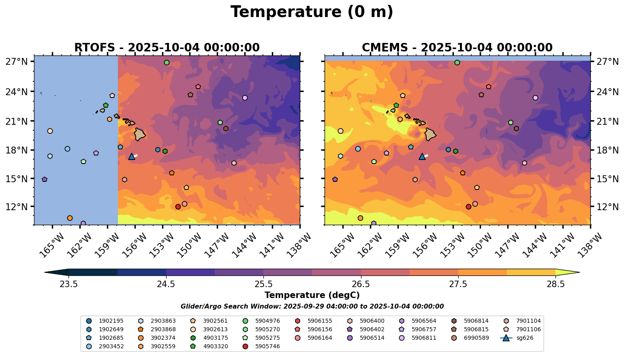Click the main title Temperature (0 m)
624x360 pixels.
click(x=312, y=12)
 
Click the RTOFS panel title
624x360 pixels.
click(x=167, y=48)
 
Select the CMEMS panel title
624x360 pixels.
click(x=457, y=48)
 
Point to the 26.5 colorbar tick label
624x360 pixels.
click(x=361, y=284)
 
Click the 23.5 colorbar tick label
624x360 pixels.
click(x=68, y=284)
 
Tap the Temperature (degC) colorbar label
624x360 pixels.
click(x=312, y=296)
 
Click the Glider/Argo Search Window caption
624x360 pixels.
click(x=312, y=307)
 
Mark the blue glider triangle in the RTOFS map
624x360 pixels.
click(x=131, y=157)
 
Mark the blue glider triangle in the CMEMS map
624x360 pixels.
click(x=422, y=157)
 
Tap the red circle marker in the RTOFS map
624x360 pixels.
click(x=178, y=207)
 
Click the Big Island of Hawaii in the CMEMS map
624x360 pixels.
click(x=430, y=134)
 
